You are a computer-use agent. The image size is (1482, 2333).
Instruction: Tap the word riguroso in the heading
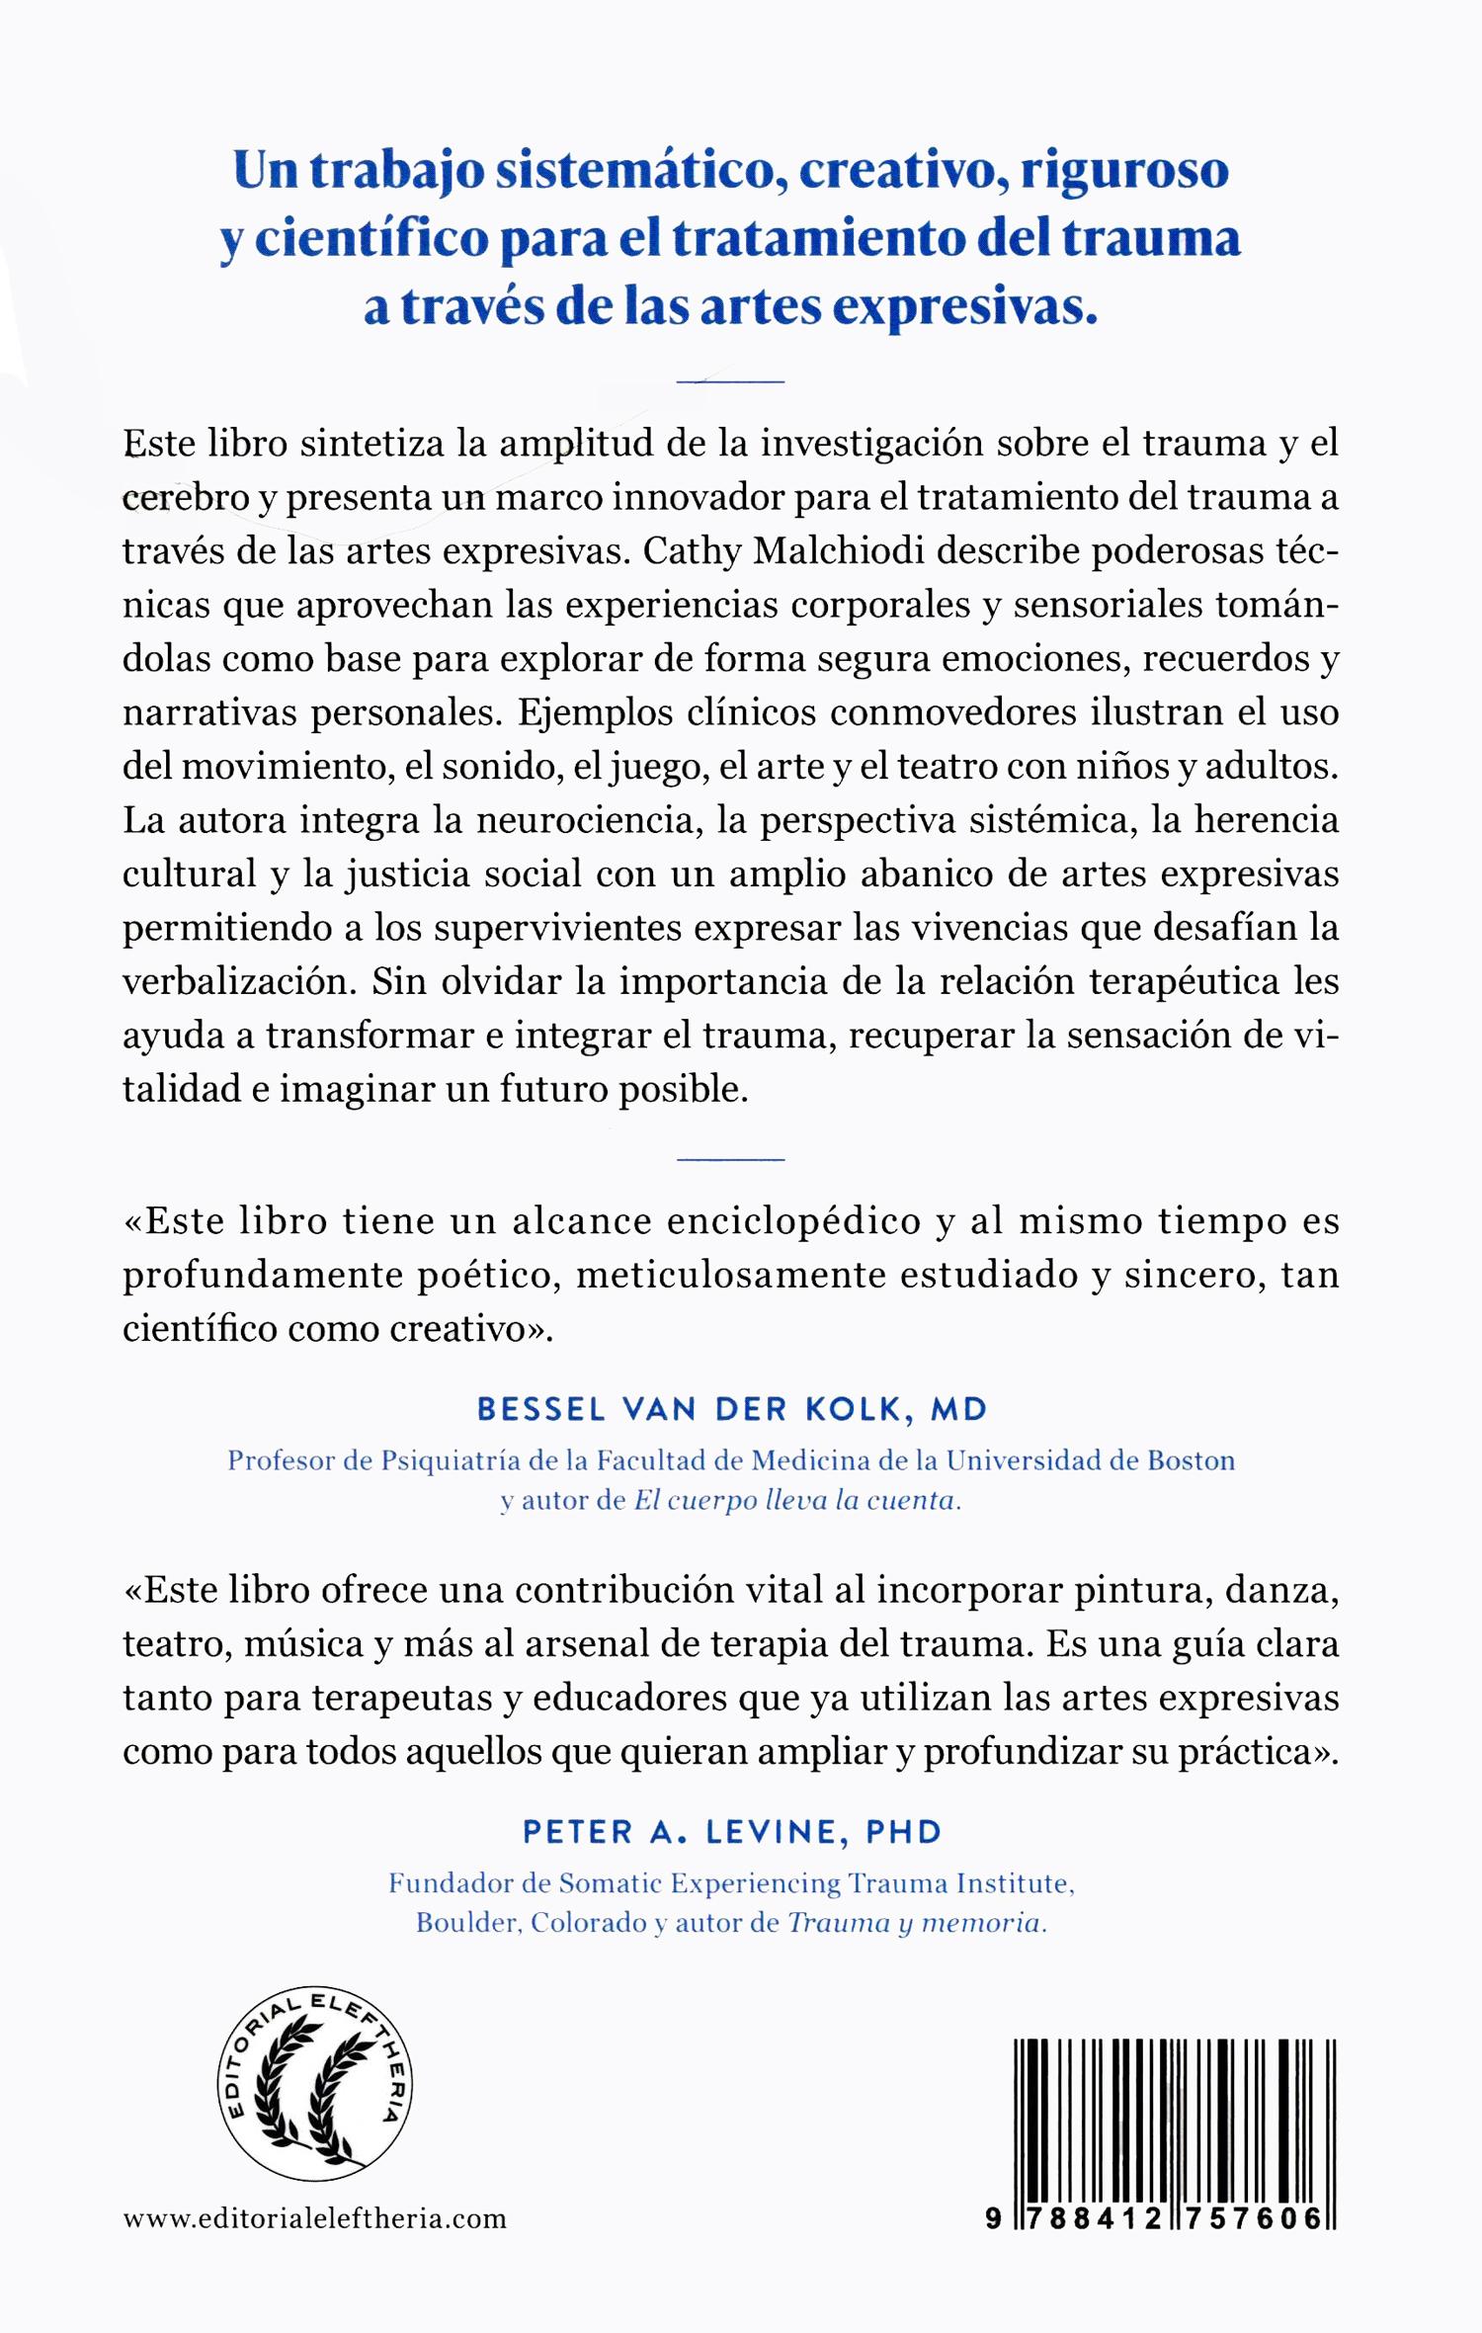coord(1124,172)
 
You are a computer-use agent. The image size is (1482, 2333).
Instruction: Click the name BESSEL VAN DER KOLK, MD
coord(732,1410)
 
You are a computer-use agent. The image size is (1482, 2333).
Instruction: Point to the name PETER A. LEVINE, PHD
coord(732,1831)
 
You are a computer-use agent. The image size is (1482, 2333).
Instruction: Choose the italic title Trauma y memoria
coord(915,1923)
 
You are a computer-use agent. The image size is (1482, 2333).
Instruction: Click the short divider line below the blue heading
coord(731,380)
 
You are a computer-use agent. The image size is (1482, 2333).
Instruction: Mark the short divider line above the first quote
coord(731,1157)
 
